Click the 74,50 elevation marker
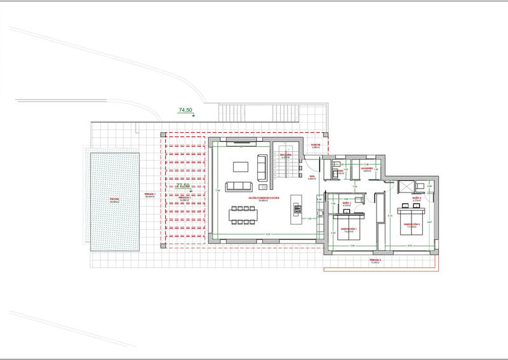(186, 110)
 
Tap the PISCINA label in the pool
(114, 199)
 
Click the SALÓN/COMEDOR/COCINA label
(265, 199)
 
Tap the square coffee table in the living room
(241, 166)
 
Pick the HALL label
(312, 178)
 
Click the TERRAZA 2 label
(377, 261)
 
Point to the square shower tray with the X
(404, 186)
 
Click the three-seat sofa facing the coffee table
(239, 186)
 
